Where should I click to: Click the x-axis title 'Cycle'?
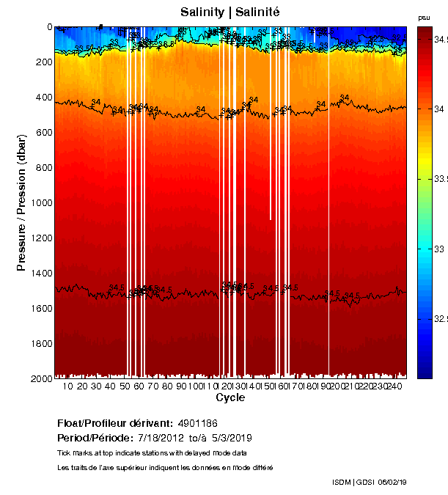[x=230, y=397]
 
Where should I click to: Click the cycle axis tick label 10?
[x=68, y=386]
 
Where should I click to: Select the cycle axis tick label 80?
[x=167, y=386]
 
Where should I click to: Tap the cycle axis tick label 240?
[x=394, y=386]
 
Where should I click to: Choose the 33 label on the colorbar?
[x=433, y=249]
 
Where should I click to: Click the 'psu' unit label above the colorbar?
[x=424, y=18]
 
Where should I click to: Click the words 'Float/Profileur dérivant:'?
[x=114, y=424]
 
